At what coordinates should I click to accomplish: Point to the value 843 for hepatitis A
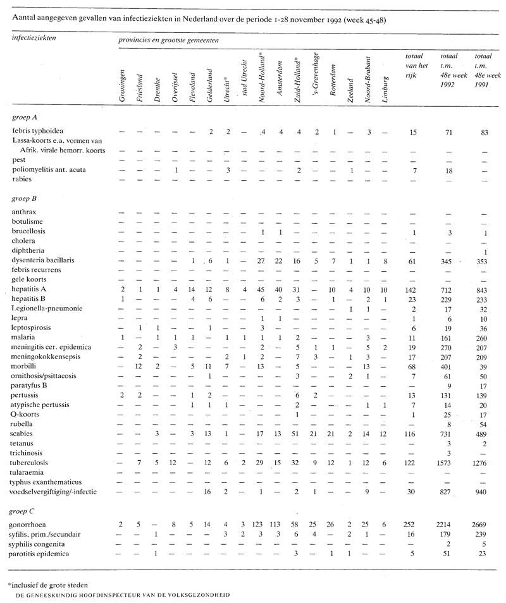tap(484, 289)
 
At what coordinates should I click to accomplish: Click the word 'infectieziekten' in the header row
tap(34, 39)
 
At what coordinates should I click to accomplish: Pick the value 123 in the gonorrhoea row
tap(261, 525)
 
